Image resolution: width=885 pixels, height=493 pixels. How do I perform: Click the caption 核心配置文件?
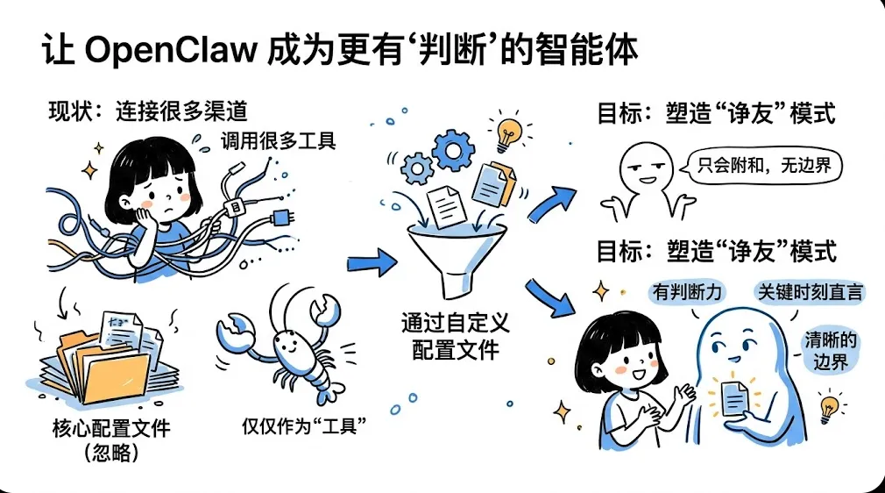coord(110,429)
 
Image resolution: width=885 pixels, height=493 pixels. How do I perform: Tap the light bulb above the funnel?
coord(506,134)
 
